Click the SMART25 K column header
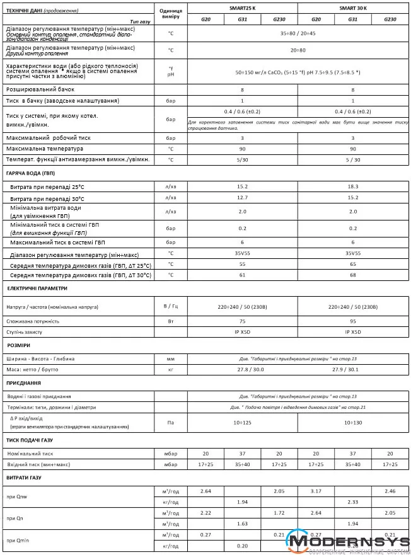tap(243, 8)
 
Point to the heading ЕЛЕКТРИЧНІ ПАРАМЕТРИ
tap(37, 287)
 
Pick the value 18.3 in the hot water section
tap(352, 186)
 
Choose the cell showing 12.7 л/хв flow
tap(242, 197)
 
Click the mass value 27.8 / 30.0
tap(242, 369)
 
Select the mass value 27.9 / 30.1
tap(352, 369)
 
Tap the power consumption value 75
tap(242, 321)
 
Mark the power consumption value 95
tap(352, 321)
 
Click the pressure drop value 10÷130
tap(352, 422)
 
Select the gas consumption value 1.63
tap(242, 524)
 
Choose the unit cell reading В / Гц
tap(170, 307)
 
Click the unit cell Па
tap(170, 422)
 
